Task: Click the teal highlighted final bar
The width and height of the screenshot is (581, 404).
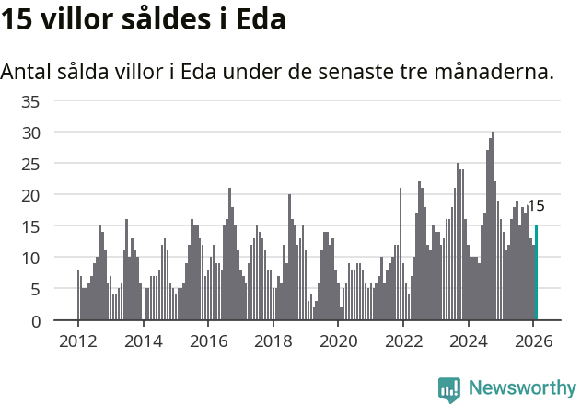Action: pyautogui.click(x=536, y=273)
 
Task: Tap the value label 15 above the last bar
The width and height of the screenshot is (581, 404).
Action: pyautogui.click(x=536, y=206)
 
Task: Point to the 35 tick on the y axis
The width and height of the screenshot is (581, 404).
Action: pyautogui.click(x=31, y=101)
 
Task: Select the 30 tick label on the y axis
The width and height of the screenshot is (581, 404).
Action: pyautogui.click(x=31, y=133)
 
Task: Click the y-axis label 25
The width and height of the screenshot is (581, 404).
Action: pyautogui.click(x=31, y=164)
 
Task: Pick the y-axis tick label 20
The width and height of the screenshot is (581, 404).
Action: pyautogui.click(x=31, y=195)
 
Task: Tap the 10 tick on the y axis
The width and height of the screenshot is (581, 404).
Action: pyautogui.click(x=31, y=259)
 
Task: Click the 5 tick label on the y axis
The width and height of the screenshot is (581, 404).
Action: pyautogui.click(x=36, y=290)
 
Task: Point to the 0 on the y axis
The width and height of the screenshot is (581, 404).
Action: pyautogui.click(x=36, y=321)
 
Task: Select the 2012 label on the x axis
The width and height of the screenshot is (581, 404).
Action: pyautogui.click(x=77, y=340)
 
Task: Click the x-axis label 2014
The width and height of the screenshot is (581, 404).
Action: pyautogui.click(x=143, y=340)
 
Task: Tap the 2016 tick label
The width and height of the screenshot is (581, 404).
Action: pyautogui.click(x=208, y=340)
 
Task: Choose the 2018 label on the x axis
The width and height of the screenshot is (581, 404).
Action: pyautogui.click(x=273, y=340)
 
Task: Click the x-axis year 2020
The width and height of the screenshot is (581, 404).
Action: pyautogui.click(x=338, y=340)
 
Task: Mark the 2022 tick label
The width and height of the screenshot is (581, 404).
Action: pyautogui.click(x=403, y=340)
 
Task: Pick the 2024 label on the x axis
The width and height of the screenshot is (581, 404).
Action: pyautogui.click(x=468, y=340)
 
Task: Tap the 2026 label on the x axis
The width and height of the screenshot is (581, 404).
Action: pyautogui.click(x=533, y=340)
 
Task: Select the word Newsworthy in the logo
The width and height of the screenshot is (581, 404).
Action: pyautogui.click(x=521, y=387)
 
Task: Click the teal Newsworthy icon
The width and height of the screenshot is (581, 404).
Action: pyautogui.click(x=449, y=388)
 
